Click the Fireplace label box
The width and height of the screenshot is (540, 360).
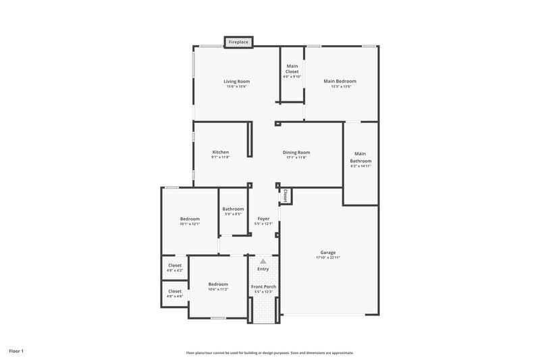pos(238,42)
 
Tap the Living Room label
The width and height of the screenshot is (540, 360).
pos(236,81)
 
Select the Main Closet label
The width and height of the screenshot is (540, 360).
pos(292,68)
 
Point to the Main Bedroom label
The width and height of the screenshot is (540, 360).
pos(340,81)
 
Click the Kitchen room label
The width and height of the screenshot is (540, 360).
pos(221,152)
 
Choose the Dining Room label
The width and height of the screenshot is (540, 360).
pos(296,152)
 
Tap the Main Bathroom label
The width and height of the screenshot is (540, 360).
pos(360,157)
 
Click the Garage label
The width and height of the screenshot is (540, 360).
pos(328,253)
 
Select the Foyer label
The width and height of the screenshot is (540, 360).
pos(263,219)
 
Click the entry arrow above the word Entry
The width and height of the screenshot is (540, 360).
pos(263,261)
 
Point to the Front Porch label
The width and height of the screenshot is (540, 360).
pos(263,286)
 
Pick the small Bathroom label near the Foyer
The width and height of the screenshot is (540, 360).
pos(233,209)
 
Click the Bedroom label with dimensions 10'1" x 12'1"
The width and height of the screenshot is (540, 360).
pos(190,219)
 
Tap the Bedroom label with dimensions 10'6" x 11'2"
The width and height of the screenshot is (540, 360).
pos(218,284)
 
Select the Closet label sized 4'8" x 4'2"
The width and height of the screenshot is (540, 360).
pos(175,265)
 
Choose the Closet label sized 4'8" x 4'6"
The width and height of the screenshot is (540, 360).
pos(175,291)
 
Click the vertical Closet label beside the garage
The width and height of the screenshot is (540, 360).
pos(286,195)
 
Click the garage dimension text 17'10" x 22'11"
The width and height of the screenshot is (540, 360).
pos(328,258)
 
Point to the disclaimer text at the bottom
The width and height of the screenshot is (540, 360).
pos(269,353)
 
